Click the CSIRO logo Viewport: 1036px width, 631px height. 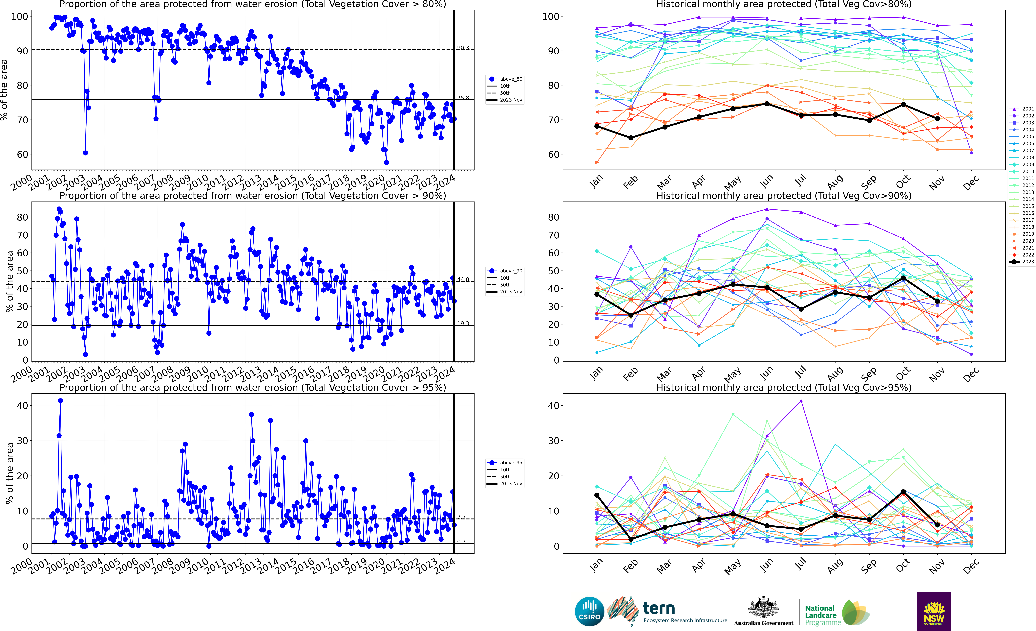589,611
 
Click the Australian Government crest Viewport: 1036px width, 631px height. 763,608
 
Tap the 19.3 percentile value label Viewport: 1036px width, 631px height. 463,324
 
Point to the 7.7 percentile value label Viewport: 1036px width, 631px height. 461,517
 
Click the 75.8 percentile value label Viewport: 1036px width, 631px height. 463,98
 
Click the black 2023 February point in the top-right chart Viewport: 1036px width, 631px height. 631,138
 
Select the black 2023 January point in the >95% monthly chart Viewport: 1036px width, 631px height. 597,495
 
